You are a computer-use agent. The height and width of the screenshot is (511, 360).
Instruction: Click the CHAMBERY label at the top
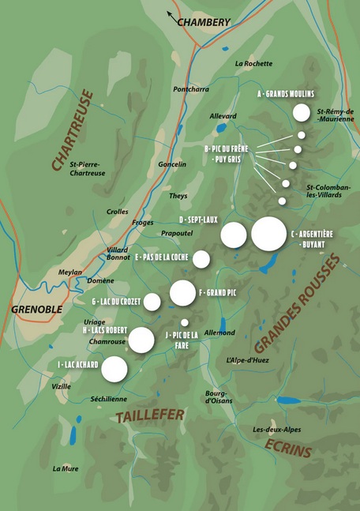click(203, 22)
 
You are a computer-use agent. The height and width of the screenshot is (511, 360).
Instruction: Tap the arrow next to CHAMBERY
click(171, 15)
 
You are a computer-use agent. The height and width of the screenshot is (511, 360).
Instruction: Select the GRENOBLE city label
click(36, 309)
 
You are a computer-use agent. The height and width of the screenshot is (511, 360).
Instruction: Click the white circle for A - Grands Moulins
click(301, 113)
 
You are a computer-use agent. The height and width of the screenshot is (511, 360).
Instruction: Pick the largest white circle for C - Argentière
click(268, 234)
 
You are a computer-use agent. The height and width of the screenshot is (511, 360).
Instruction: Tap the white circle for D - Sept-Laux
click(233, 235)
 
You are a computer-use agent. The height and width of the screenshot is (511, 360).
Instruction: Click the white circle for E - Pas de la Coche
click(201, 259)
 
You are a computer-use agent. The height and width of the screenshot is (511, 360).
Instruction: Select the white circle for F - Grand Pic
click(182, 293)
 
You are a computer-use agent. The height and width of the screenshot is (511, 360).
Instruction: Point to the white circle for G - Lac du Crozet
click(152, 302)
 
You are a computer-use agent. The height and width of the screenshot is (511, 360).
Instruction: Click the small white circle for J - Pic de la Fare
click(185, 322)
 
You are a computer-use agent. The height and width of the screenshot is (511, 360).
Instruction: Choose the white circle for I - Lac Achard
click(114, 369)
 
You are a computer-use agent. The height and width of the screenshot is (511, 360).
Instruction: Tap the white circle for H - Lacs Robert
click(141, 340)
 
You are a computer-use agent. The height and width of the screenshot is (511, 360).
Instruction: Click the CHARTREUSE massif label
click(72, 130)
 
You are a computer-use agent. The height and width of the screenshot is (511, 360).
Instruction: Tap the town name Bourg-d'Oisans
click(216, 396)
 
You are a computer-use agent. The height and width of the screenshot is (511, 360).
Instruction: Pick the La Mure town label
click(66, 468)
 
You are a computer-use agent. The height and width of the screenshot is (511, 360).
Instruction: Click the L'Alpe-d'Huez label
click(249, 360)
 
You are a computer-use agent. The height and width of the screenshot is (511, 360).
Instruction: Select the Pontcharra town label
click(190, 89)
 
